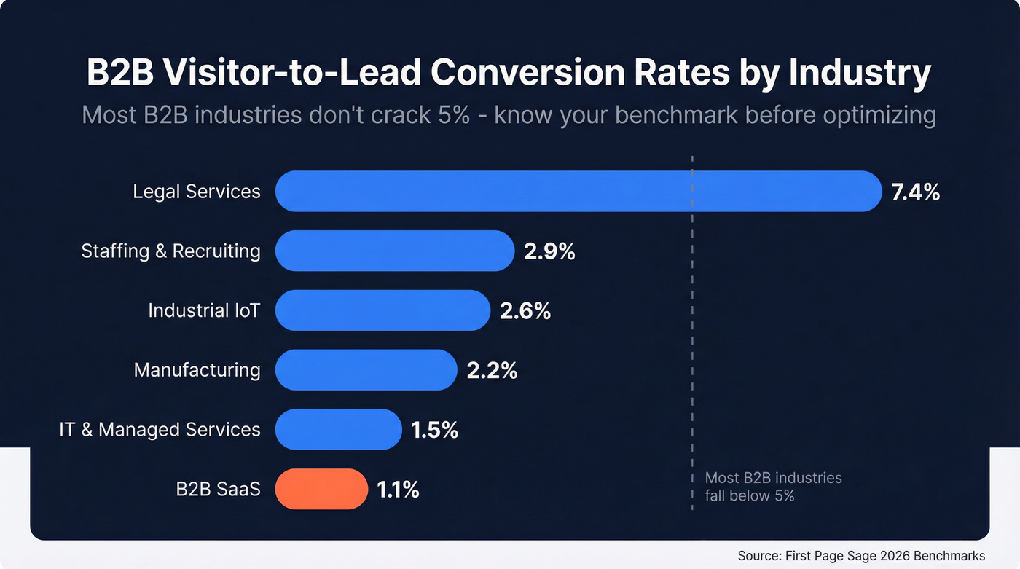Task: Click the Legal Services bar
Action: (578, 192)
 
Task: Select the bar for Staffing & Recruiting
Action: (394, 251)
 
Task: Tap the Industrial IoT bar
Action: (382, 310)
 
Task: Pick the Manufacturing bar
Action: (366, 370)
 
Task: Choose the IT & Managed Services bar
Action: (338, 430)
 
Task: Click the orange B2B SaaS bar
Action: (321, 489)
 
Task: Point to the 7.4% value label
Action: (915, 192)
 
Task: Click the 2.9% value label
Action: (549, 252)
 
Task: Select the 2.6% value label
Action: (525, 311)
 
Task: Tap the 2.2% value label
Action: (492, 371)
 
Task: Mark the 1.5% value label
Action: (434, 431)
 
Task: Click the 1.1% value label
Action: (398, 490)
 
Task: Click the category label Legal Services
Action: (197, 192)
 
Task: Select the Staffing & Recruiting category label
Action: (170, 251)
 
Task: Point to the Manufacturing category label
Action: (197, 370)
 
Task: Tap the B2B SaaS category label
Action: (218, 489)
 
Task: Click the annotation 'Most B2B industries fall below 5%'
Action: (773, 487)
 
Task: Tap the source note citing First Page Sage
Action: (861, 555)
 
